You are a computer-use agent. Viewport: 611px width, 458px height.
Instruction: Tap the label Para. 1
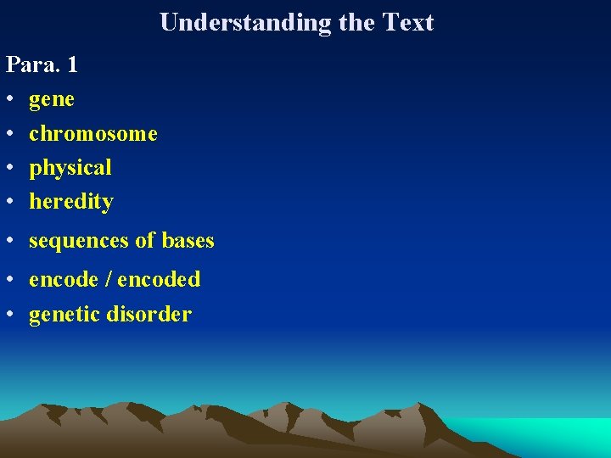tap(42, 65)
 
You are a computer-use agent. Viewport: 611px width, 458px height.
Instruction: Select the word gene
tap(52, 100)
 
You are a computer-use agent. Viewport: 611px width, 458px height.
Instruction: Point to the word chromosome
tap(93, 134)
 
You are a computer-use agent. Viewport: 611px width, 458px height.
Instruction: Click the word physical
tap(70, 168)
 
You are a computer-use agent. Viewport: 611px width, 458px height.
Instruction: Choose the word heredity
tap(71, 202)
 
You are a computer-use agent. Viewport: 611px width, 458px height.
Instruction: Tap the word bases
tap(188, 241)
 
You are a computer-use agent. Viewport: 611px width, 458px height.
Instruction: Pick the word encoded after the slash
tap(160, 280)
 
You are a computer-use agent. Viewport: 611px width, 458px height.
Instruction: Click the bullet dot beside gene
tap(10, 100)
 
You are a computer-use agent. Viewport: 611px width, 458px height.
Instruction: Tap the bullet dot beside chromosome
tap(10, 134)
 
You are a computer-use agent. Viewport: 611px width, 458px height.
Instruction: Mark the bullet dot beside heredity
tap(10, 202)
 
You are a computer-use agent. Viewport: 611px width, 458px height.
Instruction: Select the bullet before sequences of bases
tap(10, 242)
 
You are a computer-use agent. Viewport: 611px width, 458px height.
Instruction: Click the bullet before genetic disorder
tap(10, 316)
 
